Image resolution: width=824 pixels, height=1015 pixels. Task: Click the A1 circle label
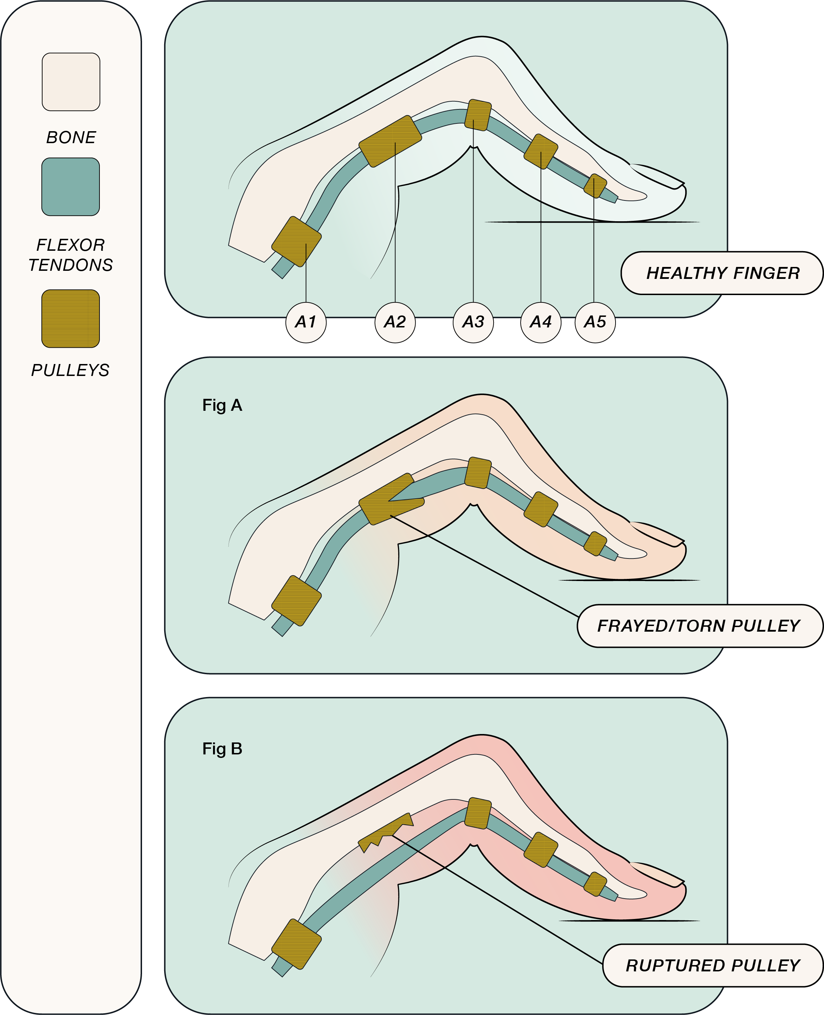pyautogui.click(x=306, y=322)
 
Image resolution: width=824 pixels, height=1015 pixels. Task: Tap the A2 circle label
pyautogui.click(x=395, y=322)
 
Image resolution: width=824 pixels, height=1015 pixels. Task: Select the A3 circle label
pyautogui.click(x=473, y=322)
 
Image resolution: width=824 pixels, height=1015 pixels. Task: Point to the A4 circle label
pyautogui.click(x=541, y=322)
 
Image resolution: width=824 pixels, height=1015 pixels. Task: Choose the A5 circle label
pyautogui.click(x=595, y=322)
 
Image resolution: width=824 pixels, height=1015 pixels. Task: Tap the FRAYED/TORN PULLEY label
pyautogui.click(x=699, y=626)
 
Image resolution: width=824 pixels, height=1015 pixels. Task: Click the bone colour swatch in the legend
pyautogui.click(x=71, y=82)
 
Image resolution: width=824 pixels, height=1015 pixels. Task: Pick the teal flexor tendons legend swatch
pyautogui.click(x=71, y=186)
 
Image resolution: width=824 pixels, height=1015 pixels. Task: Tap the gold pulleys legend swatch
pyautogui.click(x=71, y=319)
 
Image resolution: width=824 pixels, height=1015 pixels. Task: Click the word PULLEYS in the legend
pyautogui.click(x=70, y=370)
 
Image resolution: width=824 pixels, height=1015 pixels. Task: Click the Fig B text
pyautogui.click(x=222, y=749)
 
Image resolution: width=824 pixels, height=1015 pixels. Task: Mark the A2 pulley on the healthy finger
pyautogui.click(x=390, y=141)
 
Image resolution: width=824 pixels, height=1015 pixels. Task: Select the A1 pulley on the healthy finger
pyautogui.click(x=296, y=241)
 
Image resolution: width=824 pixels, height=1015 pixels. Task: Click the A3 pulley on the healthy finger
pyautogui.click(x=477, y=115)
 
